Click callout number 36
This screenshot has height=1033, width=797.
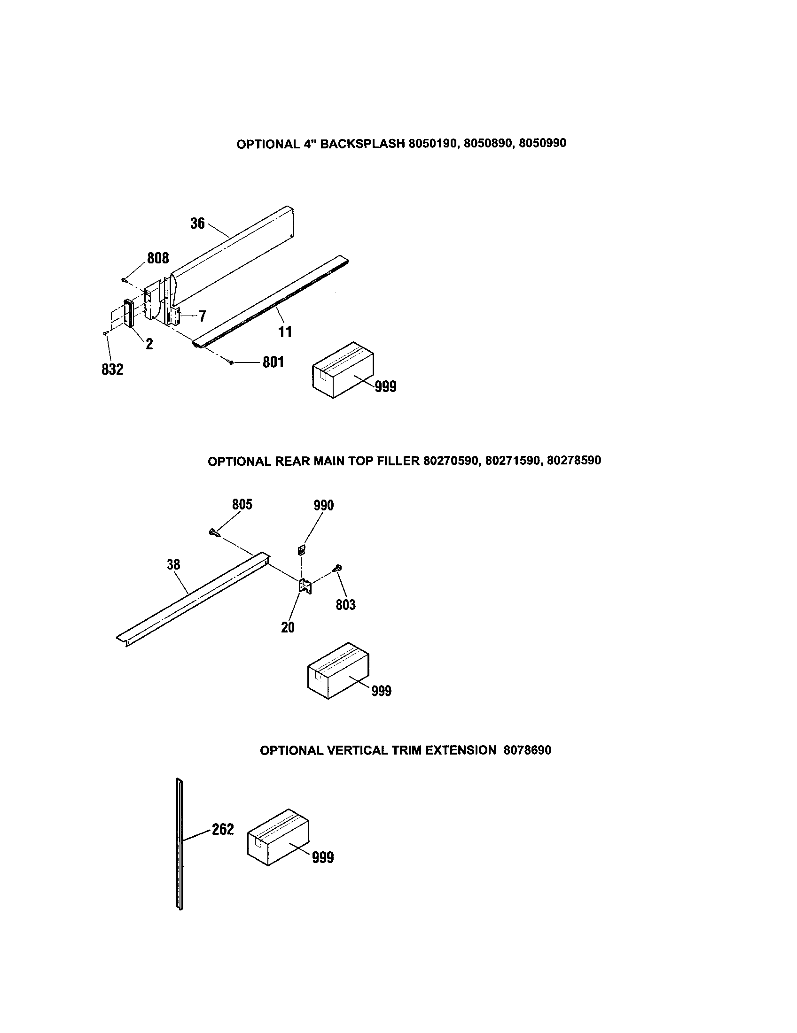point(197,223)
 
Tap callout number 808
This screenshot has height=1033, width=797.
point(157,258)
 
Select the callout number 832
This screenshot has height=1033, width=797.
point(112,370)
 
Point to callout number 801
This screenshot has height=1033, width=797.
point(273,362)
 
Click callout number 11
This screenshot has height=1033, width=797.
point(285,331)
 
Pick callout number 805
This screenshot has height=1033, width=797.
point(242,505)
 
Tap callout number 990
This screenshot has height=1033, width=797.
point(324,506)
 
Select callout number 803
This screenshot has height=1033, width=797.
point(345,604)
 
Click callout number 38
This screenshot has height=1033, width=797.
point(173,564)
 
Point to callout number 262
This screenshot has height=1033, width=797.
point(223,829)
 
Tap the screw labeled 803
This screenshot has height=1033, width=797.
point(338,568)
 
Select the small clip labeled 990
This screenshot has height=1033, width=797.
point(301,550)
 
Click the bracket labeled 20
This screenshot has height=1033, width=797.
point(305,586)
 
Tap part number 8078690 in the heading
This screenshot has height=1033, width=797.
point(527,750)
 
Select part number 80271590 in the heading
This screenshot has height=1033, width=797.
point(513,461)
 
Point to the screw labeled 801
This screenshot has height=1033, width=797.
point(230,362)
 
